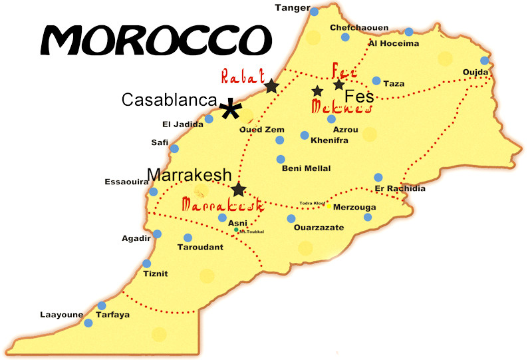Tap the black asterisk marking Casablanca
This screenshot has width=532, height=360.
coord(231,110)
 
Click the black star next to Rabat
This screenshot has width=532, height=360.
coord(271,86)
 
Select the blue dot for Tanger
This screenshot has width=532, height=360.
coord(314,11)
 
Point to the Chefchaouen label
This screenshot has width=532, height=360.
coord(359,28)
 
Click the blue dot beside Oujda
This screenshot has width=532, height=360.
coord(484,61)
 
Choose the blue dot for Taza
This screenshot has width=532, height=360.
coord(376,81)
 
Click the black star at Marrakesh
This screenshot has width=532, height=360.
coord(239,190)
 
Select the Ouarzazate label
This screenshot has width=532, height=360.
coord(319,228)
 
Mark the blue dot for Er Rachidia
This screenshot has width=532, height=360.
coord(378,177)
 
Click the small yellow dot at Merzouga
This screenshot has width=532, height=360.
coord(329,206)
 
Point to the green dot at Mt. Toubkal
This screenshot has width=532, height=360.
coord(236,230)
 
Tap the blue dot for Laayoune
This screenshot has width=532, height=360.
coord(88,323)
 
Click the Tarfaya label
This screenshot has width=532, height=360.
coord(112,315)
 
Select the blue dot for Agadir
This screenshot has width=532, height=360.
coord(157,234)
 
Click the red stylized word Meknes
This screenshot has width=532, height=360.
coord(340,107)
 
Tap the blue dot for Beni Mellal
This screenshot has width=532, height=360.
coord(281,159)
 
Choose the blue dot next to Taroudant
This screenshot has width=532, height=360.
coord(188,238)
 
